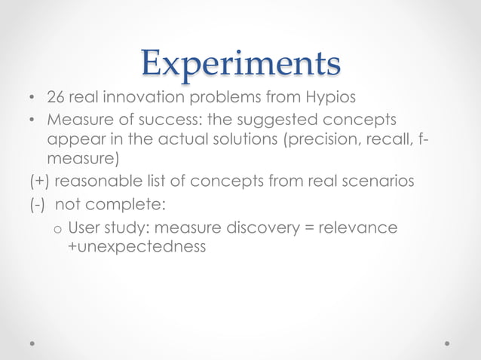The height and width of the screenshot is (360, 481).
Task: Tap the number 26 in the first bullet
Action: [x=55, y=99]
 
